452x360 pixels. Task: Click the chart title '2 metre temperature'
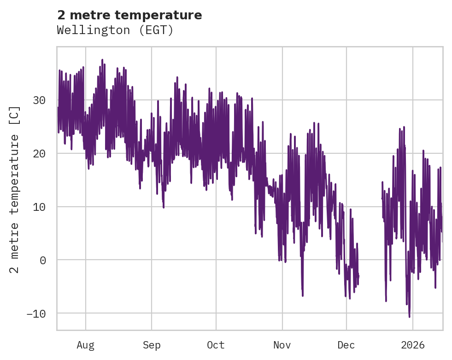[x=129, y=15]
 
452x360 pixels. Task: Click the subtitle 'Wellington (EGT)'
[x=115, y=30]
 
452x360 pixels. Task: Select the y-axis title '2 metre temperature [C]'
[x=15, y=189]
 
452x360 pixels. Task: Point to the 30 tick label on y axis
[x=40, y=100]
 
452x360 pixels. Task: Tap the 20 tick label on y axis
[x=40, y=154]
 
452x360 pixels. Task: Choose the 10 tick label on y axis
[x=40, y=207]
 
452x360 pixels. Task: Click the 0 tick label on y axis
[x=43, y=260]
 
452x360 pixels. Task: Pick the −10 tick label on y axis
[x=37, y=314]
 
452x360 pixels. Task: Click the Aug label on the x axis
[x=85, y=345]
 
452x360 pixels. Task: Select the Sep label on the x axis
[x=151, y=345]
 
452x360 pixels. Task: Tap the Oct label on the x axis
[x=216, y=345]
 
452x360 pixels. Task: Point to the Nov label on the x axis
[x=282, y=345]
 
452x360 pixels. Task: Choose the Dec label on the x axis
[x=346, y=345]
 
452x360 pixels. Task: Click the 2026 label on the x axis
[x=412, y=345]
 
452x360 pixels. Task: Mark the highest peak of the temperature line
[x=102, y=59]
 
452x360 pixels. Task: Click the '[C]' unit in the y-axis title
[x=15, y=115]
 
